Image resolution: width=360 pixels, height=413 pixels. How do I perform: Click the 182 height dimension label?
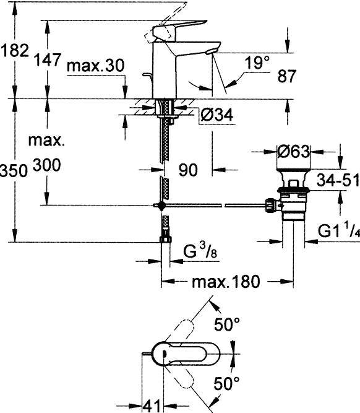tap(14, 51)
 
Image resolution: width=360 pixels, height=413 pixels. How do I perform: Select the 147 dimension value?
tap(48, 59)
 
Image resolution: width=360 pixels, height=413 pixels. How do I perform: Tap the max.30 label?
tap(95, 66)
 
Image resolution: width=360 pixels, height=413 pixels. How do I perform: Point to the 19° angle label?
tap(257, 63)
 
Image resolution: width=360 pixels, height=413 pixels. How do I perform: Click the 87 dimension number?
tap(286, 76)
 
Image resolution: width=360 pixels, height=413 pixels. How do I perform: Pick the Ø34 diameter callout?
tap(217, 115)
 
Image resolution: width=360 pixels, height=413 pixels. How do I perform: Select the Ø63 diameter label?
tap(293, 152)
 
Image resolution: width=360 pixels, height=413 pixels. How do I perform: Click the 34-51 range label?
tap(338, 180)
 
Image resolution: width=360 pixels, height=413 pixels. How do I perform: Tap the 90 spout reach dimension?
tap(188, 170)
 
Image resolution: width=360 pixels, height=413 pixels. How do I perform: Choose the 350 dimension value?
tap(14, 170)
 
